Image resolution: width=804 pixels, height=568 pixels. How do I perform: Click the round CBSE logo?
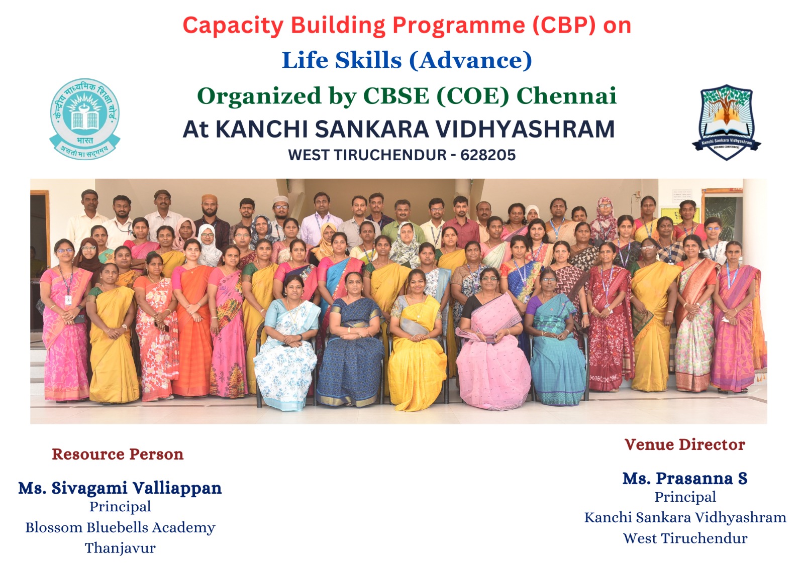[x=85, y=119]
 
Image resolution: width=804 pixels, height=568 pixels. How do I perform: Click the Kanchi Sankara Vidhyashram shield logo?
[x=727, y=122]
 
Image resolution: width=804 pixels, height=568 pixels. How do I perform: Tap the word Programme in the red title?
[x=459, y=25]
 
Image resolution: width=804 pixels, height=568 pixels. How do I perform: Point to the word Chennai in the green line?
[x=566, y=96]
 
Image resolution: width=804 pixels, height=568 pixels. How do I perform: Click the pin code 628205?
[x=488, y=155]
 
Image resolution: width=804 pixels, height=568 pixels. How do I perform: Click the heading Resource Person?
[x=118, y=455]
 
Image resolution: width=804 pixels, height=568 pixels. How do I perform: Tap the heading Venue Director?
[x=685, y=444]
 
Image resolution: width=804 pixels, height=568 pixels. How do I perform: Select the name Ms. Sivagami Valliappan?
[x=120, y=488]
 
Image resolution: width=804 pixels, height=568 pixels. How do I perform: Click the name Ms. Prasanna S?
[x=685, y=478]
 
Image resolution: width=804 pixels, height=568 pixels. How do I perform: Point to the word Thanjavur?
[x=120, y=548]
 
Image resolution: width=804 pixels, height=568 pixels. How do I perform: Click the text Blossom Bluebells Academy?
[x=120, y=527]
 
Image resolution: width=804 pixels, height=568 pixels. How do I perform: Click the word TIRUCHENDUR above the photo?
[x=390, y=155]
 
